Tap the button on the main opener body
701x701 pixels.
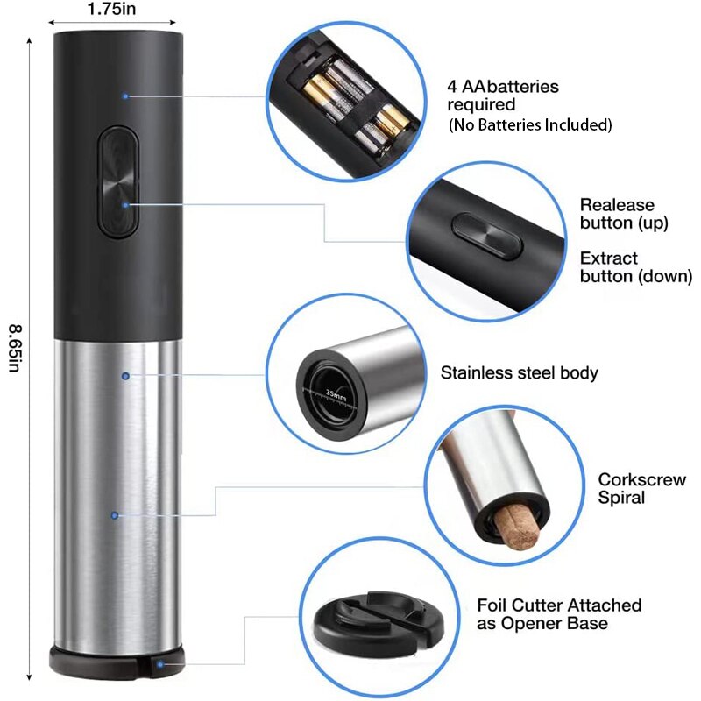click(x=118, y=181)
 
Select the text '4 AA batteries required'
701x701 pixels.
click(x=503, y=96)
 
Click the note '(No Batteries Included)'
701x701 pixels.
click(x=529, y=124)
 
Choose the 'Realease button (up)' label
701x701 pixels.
click(x=624, y=213)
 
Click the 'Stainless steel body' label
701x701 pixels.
click(x=519, y=373)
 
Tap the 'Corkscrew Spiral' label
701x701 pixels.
click(x=629, y=489)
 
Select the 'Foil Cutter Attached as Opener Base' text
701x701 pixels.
click(x=559, y=613)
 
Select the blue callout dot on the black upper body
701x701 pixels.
click(x=125, y=96)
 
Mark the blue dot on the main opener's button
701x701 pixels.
click(x=125, y=204)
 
